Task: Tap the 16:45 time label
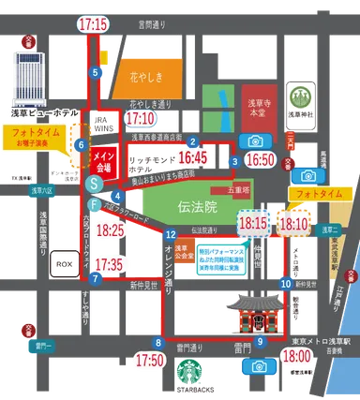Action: pos(193,157)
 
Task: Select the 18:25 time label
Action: pos(111,229)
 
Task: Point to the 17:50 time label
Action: pos(150,359)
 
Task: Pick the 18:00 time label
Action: pos(297,357)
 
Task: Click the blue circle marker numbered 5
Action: pos(95,72)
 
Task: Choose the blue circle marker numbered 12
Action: pos(171,234)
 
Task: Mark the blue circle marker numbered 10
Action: pos(285,283)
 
